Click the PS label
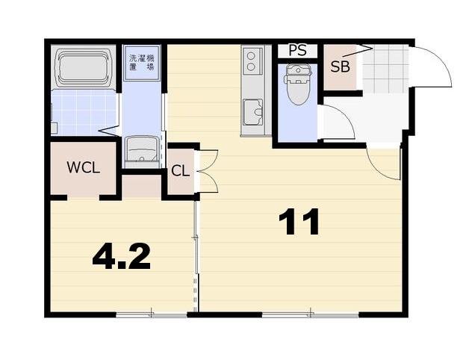pos(297,50)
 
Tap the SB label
pos(340,66)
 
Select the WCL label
pos(84,167)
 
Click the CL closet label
pos(180,171)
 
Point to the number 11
pos(299,222)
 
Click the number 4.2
pos(121,256)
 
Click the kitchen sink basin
pos(253,112)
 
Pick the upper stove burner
pos(250,55)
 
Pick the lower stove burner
pos(250,66)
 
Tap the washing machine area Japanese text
pos(141,62)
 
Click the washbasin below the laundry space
pos(142,149)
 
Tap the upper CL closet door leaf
pos(208,160)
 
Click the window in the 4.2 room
pos(152,315)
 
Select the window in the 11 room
pos(311,315)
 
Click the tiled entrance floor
pos(386,69)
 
